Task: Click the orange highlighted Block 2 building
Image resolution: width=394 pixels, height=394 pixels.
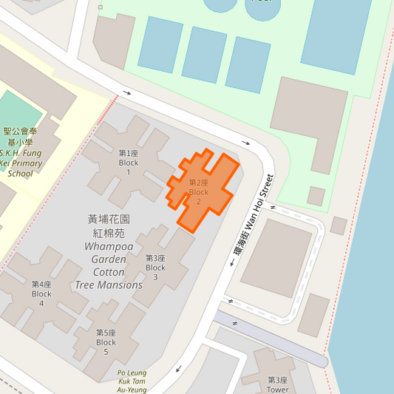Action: coord(201,191)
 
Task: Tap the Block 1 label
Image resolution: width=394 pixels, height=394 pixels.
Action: coord(129,162)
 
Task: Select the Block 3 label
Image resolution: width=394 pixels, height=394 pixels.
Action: coord(155,268)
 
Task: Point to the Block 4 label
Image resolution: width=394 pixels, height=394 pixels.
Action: coord(41,293)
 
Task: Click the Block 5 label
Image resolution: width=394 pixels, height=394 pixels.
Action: coord(106,342)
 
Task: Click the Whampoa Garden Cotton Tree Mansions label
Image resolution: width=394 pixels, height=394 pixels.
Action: coord(109,252)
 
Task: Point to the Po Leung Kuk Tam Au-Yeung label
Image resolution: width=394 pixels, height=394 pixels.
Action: coord(132,381)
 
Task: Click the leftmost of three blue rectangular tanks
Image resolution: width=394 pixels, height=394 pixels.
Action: coord(160,45)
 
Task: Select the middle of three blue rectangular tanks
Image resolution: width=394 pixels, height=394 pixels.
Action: coord(203,55)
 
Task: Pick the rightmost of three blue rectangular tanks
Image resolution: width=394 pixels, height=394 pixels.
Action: coord(248,64)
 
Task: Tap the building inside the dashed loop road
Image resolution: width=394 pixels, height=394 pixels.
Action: coord(276,257)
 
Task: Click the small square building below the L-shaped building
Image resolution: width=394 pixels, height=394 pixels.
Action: coord(316,196)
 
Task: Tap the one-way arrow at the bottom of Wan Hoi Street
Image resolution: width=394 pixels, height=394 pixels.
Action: coord(177,370)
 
